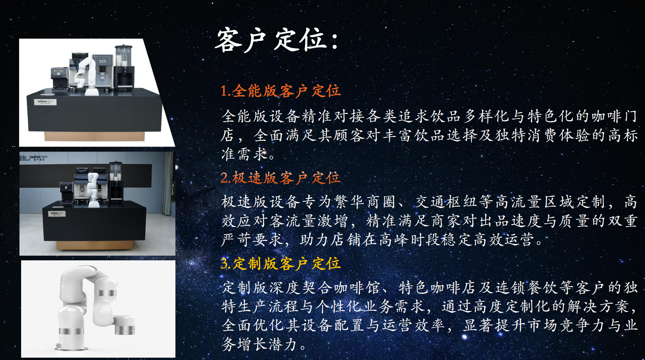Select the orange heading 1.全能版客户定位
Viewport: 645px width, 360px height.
[280, 91]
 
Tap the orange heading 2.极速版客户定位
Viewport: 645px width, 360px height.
[280, 178]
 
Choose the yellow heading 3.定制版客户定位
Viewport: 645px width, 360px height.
[280, 264]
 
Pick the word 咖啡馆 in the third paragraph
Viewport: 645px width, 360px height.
[358, 288]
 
